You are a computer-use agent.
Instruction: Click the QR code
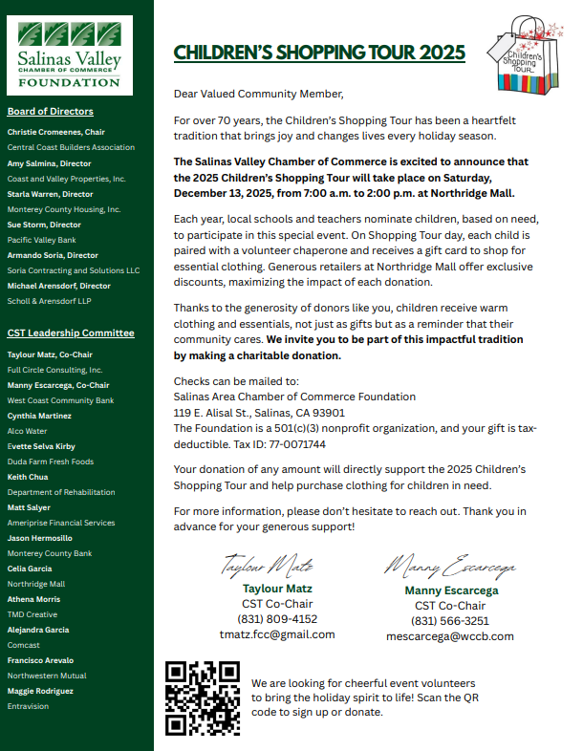(x=202, y=697)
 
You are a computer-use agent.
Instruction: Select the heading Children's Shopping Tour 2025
(x=319, y=52)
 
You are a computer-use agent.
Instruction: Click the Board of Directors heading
(x=51, y=112)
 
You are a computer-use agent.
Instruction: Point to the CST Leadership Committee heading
(x=71, y=333)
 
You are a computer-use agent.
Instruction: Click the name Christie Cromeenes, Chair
(x=56, y=132)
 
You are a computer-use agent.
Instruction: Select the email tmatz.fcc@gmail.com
(x=277, y=634)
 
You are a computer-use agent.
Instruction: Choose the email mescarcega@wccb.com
(x=450, y=636)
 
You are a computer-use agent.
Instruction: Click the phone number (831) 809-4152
(x=277, y=619)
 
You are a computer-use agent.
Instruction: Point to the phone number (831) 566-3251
(x=450, y=621)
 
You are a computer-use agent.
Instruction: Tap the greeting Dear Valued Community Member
(x=257, y=94)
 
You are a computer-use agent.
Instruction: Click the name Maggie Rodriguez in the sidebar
(x=40, y=691)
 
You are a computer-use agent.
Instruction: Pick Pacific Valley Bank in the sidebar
(x=42, y=240)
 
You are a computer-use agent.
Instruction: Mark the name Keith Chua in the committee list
(x=29, y=476)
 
